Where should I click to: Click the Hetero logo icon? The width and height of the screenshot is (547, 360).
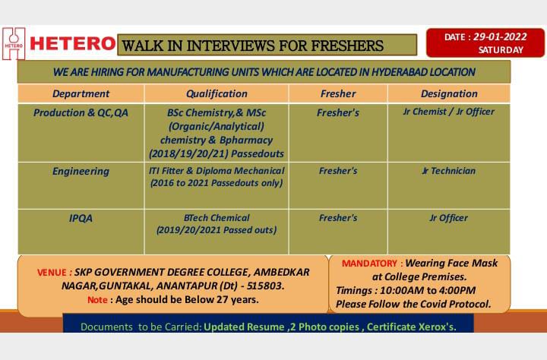(x=14, y=43)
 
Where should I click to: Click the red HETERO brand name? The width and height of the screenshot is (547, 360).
(x=73, y=44)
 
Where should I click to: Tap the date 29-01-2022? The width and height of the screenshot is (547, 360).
(x=500, y=36)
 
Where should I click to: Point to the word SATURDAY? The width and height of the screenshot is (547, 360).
(x=501, y=50)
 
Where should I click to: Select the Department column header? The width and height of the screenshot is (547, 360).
(x=81, y=93)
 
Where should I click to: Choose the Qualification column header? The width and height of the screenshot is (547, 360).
(x=217, y=93)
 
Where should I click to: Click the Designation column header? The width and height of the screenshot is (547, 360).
(x=449, y=93)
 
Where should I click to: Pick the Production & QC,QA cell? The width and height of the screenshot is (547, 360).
(x=81, y=112)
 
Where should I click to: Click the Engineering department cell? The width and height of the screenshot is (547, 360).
(x=81, y=172)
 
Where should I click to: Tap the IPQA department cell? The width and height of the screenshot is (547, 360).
(x=81, y=219)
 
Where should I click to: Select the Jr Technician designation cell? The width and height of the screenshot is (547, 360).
(x=449, y=171)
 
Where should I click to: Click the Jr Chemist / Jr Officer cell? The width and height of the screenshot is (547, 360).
(x=449, y=112)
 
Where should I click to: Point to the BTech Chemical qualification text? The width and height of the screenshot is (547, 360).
(x=217, y=218)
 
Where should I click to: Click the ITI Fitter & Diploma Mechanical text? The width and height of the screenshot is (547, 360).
(x=217, y=171)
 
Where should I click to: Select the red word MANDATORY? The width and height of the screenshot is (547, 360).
(x=369, y=264)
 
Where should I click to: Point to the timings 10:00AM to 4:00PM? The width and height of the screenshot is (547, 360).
(x=428, y=290)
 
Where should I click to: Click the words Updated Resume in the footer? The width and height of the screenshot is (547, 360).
(x=244, y=327)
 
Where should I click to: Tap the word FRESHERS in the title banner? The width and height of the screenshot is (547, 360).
(x=347, y=46)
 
